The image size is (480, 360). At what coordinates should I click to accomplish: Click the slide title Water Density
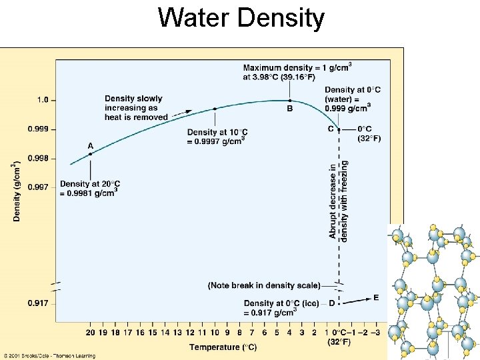tap(241, 18)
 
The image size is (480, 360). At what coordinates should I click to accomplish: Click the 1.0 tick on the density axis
tap(42, 100)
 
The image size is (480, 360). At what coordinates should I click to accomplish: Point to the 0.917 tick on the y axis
tap(38, 303)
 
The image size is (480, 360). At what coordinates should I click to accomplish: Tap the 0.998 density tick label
tap(38, 159)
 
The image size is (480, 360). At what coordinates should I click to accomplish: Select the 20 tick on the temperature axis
tap(91, 332)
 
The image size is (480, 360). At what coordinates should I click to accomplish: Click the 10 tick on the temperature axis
tap(215, 332)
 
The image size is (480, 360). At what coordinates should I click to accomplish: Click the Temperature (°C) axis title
tap(223, 347)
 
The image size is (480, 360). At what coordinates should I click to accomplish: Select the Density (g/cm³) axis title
tap(17, 191)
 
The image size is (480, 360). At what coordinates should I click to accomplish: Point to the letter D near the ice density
tap(331, 303)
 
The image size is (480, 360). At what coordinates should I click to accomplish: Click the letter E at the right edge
tap(376, 297)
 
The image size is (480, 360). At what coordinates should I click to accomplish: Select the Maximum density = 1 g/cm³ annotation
tap(297, 72)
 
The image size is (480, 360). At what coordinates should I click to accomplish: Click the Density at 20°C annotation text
tap(90, 187)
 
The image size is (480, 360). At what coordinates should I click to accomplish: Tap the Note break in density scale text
tap(264, 285)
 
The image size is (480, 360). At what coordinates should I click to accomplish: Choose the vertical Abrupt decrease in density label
tap(339, 200)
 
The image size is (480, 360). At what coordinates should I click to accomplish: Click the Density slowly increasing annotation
tap(136, 108)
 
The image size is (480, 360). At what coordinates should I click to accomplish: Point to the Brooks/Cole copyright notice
tap(48, 356)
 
